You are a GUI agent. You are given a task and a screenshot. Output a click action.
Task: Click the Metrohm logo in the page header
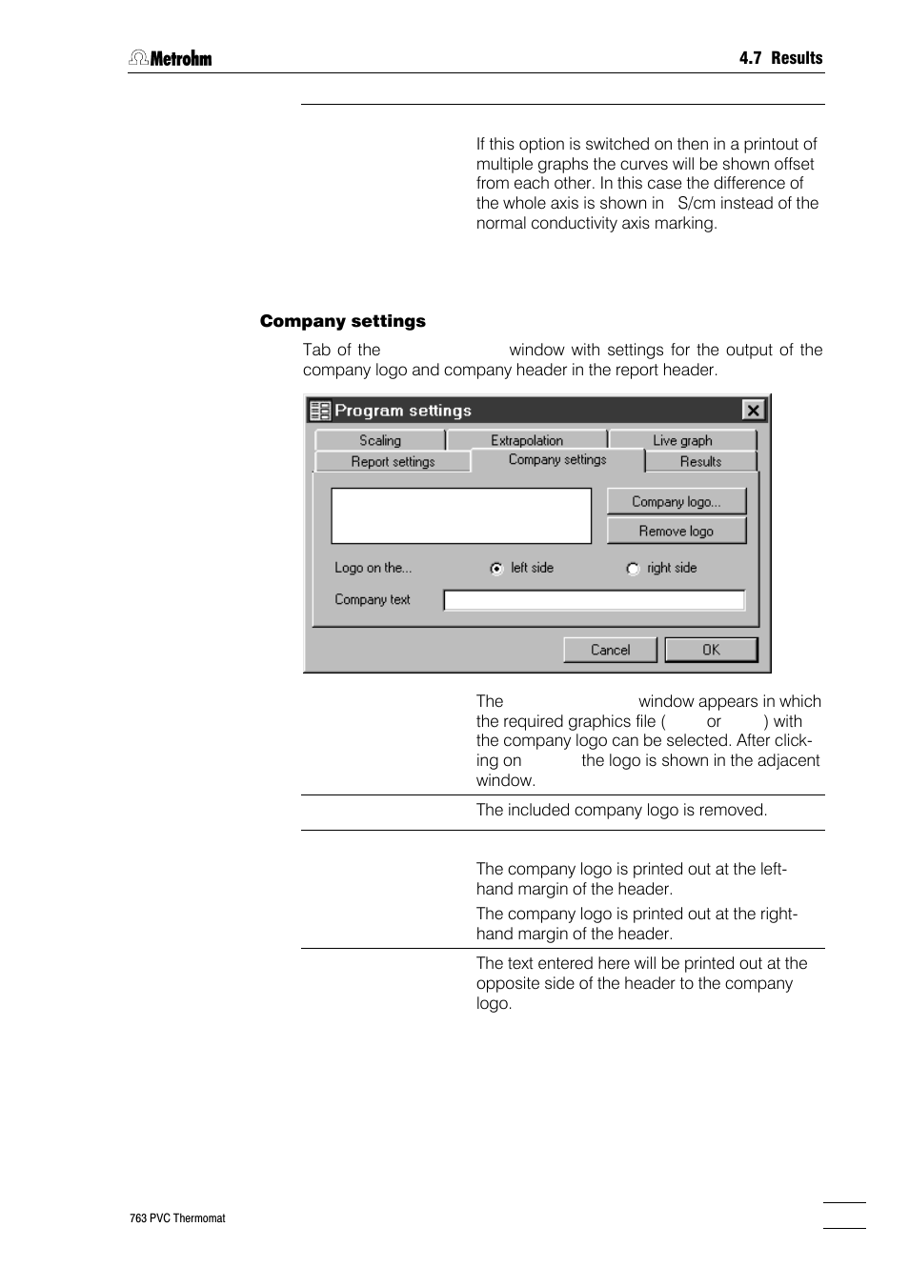171,58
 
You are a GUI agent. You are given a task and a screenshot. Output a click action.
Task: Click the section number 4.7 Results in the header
780,58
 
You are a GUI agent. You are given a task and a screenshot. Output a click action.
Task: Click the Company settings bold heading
342,321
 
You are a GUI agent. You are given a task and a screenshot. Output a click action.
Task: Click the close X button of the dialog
753,410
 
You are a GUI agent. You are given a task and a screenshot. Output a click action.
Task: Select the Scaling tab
379,440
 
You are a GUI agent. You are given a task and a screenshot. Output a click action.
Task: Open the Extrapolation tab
527,440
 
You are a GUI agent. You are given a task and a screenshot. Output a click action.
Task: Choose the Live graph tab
682,440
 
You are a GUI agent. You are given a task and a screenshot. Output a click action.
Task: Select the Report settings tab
393,461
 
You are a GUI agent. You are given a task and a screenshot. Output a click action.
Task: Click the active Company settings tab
557,459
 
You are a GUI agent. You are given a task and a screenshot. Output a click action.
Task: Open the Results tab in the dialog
700,461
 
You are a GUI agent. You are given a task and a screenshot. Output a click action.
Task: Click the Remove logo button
677,531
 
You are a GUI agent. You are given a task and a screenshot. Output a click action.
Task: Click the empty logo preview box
461,515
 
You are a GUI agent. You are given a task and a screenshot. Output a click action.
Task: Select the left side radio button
496,569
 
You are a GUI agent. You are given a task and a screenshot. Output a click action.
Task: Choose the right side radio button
633,569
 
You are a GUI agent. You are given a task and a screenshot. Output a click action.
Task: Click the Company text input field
594,599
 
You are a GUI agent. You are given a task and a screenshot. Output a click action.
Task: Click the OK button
711,650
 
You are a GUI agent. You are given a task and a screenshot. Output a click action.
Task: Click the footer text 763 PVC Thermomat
177,1217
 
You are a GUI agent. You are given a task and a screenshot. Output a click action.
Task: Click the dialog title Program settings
403,411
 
